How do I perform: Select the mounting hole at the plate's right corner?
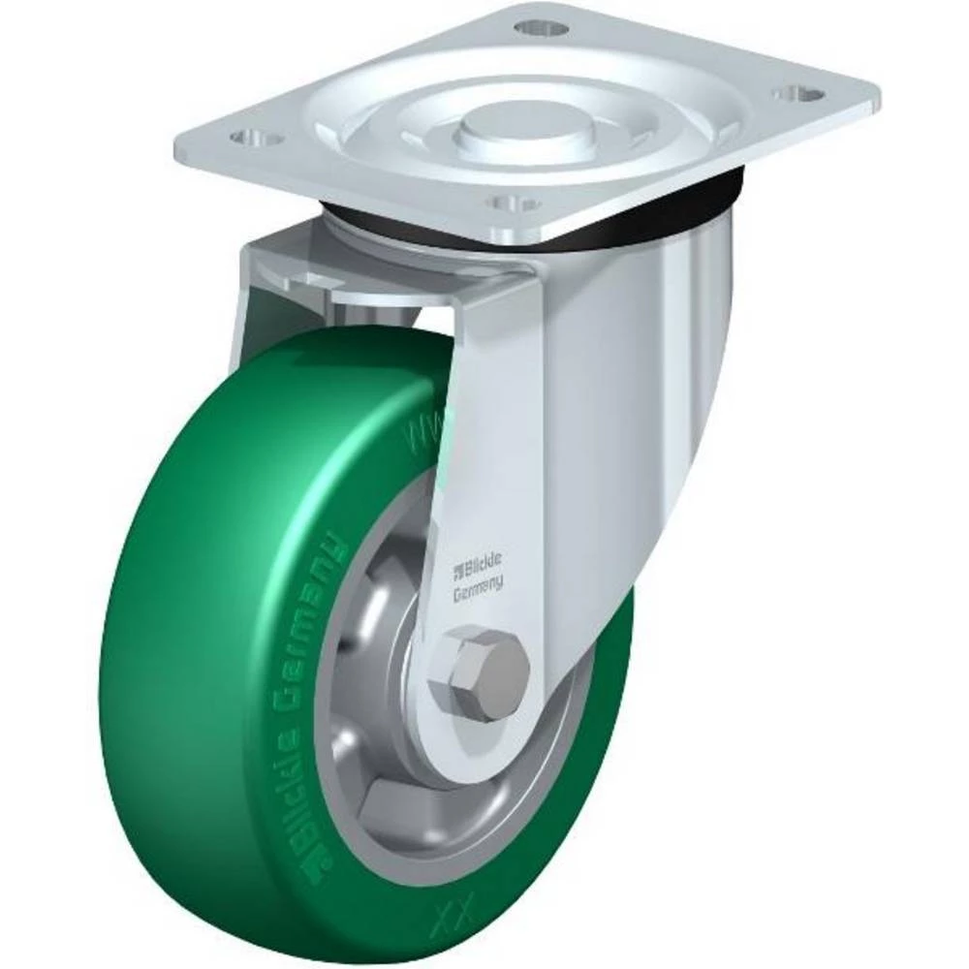pyautogui.click(x=798, y=95)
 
